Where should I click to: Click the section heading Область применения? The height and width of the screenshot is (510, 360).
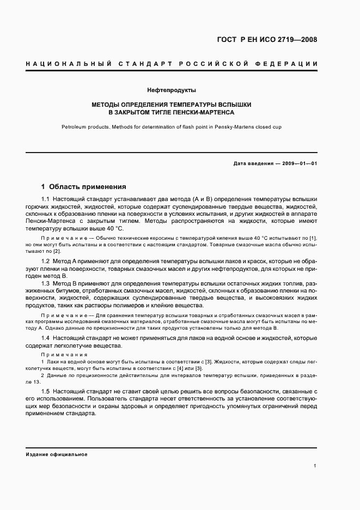pos(88,186)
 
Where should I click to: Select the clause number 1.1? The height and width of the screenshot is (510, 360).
pos(46,199)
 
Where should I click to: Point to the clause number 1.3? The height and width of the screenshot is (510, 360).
pos(46,284)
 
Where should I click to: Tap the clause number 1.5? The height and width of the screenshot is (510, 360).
pos(46,392)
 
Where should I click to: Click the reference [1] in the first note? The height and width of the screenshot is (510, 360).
pos(313,239)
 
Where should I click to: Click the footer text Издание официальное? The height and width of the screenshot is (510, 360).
pos(57,454)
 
